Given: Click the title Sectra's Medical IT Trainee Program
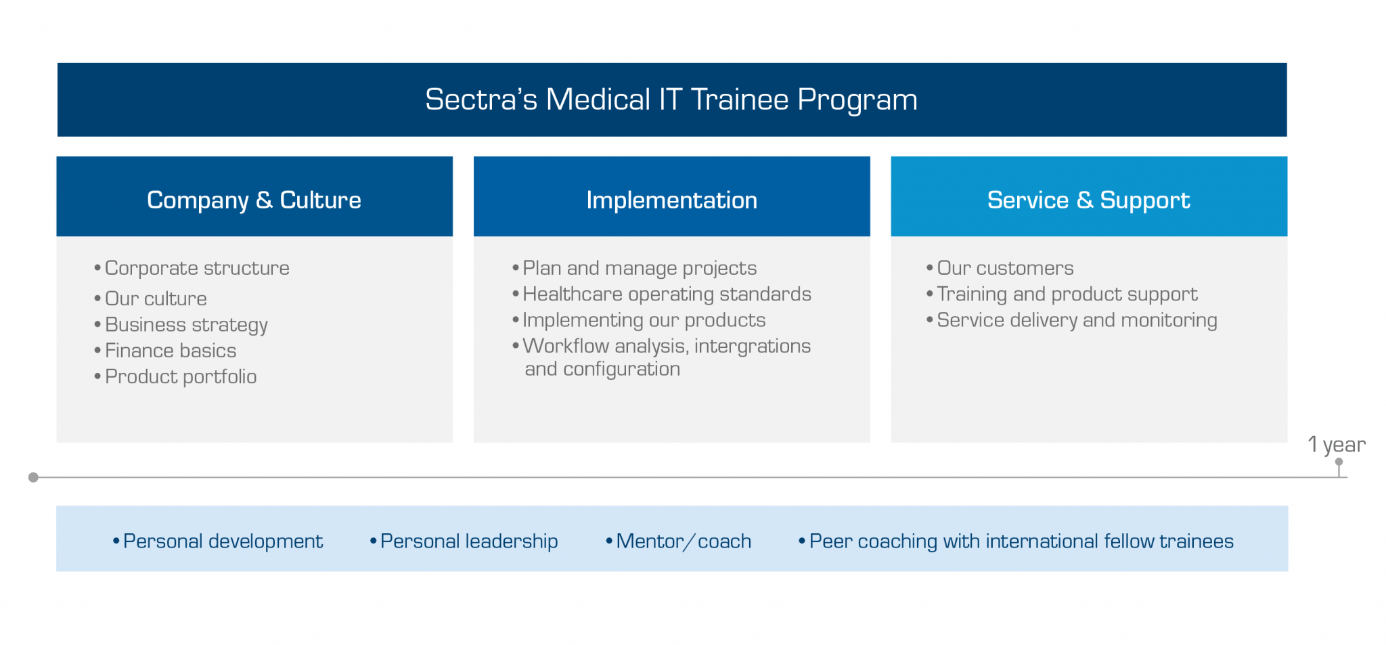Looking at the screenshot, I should tap(671, 99).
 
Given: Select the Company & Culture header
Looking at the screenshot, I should tap(254, 200).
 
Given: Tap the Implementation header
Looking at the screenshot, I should tap(671, 200).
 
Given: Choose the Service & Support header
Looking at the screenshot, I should tap(1088, 200).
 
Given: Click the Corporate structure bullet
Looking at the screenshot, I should tap(196, 268).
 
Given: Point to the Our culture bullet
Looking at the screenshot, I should tap(156, 298).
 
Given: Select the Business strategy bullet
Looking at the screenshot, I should tap(186, 325).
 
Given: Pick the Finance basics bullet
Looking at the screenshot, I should tap(171, 351).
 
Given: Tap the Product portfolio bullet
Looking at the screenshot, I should tap(181, 376).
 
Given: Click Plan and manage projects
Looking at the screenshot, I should tap(639, 268).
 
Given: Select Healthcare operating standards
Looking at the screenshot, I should tap(666, 294).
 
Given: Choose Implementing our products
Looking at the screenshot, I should tap(644, 320).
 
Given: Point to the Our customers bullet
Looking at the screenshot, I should tap(1004, 268).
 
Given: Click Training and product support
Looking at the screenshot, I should tap(1067, 294).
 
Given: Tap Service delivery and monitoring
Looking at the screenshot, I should tap(1076, 320).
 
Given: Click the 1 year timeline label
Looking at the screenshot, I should tap(1336, 445).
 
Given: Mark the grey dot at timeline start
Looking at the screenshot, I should tap(33, 477).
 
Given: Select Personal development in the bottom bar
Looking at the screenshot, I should tap(223, 541).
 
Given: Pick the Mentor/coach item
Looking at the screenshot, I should tap(683, 541).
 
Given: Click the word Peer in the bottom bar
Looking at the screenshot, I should tap(830, 541).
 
